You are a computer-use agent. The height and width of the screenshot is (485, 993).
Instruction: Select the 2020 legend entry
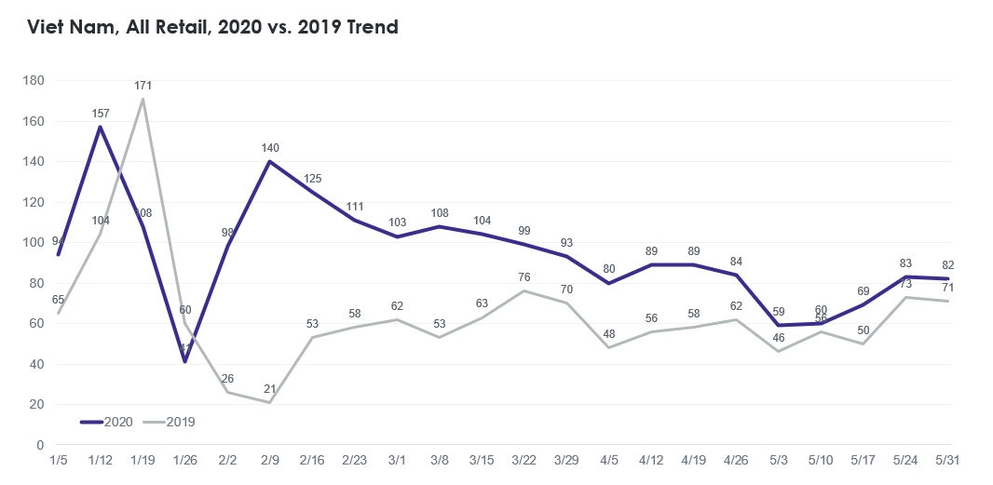tap(107, 422)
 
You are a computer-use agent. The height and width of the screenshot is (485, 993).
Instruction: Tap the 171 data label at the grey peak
tap(143, 86)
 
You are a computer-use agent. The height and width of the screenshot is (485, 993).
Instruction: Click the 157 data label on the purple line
tap(100, 114)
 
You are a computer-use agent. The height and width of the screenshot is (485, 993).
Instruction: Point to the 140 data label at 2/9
tap(270, 148)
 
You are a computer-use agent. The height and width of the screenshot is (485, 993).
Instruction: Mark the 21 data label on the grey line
tap(270, 388)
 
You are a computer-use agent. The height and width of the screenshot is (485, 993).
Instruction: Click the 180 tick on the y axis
tap(34, 81)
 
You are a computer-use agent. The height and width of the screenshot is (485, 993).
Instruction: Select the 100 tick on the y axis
tap(34, 243)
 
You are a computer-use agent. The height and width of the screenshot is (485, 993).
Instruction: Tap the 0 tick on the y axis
tap(41, 445)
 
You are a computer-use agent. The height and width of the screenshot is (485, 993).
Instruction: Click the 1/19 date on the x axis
tap(143, 460)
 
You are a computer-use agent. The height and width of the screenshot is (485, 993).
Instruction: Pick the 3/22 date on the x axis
tap(524, 460)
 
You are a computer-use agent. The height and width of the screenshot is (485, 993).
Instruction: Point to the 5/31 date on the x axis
tap(948, 460)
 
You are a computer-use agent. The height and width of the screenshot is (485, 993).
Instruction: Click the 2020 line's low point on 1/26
tap(184, 361)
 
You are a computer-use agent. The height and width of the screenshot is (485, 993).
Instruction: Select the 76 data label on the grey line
tap(524, 276)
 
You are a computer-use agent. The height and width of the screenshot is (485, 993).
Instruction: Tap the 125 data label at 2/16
tap(313, 178)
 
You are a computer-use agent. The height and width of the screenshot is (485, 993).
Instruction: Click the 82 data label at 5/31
tap(948, 264)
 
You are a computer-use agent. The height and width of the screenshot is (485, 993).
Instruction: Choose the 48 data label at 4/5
tap(609, 333)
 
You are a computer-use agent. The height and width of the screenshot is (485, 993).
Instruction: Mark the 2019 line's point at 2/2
tap(227, 392)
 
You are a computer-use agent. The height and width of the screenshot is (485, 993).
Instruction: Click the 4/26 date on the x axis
tap(736, 460)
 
